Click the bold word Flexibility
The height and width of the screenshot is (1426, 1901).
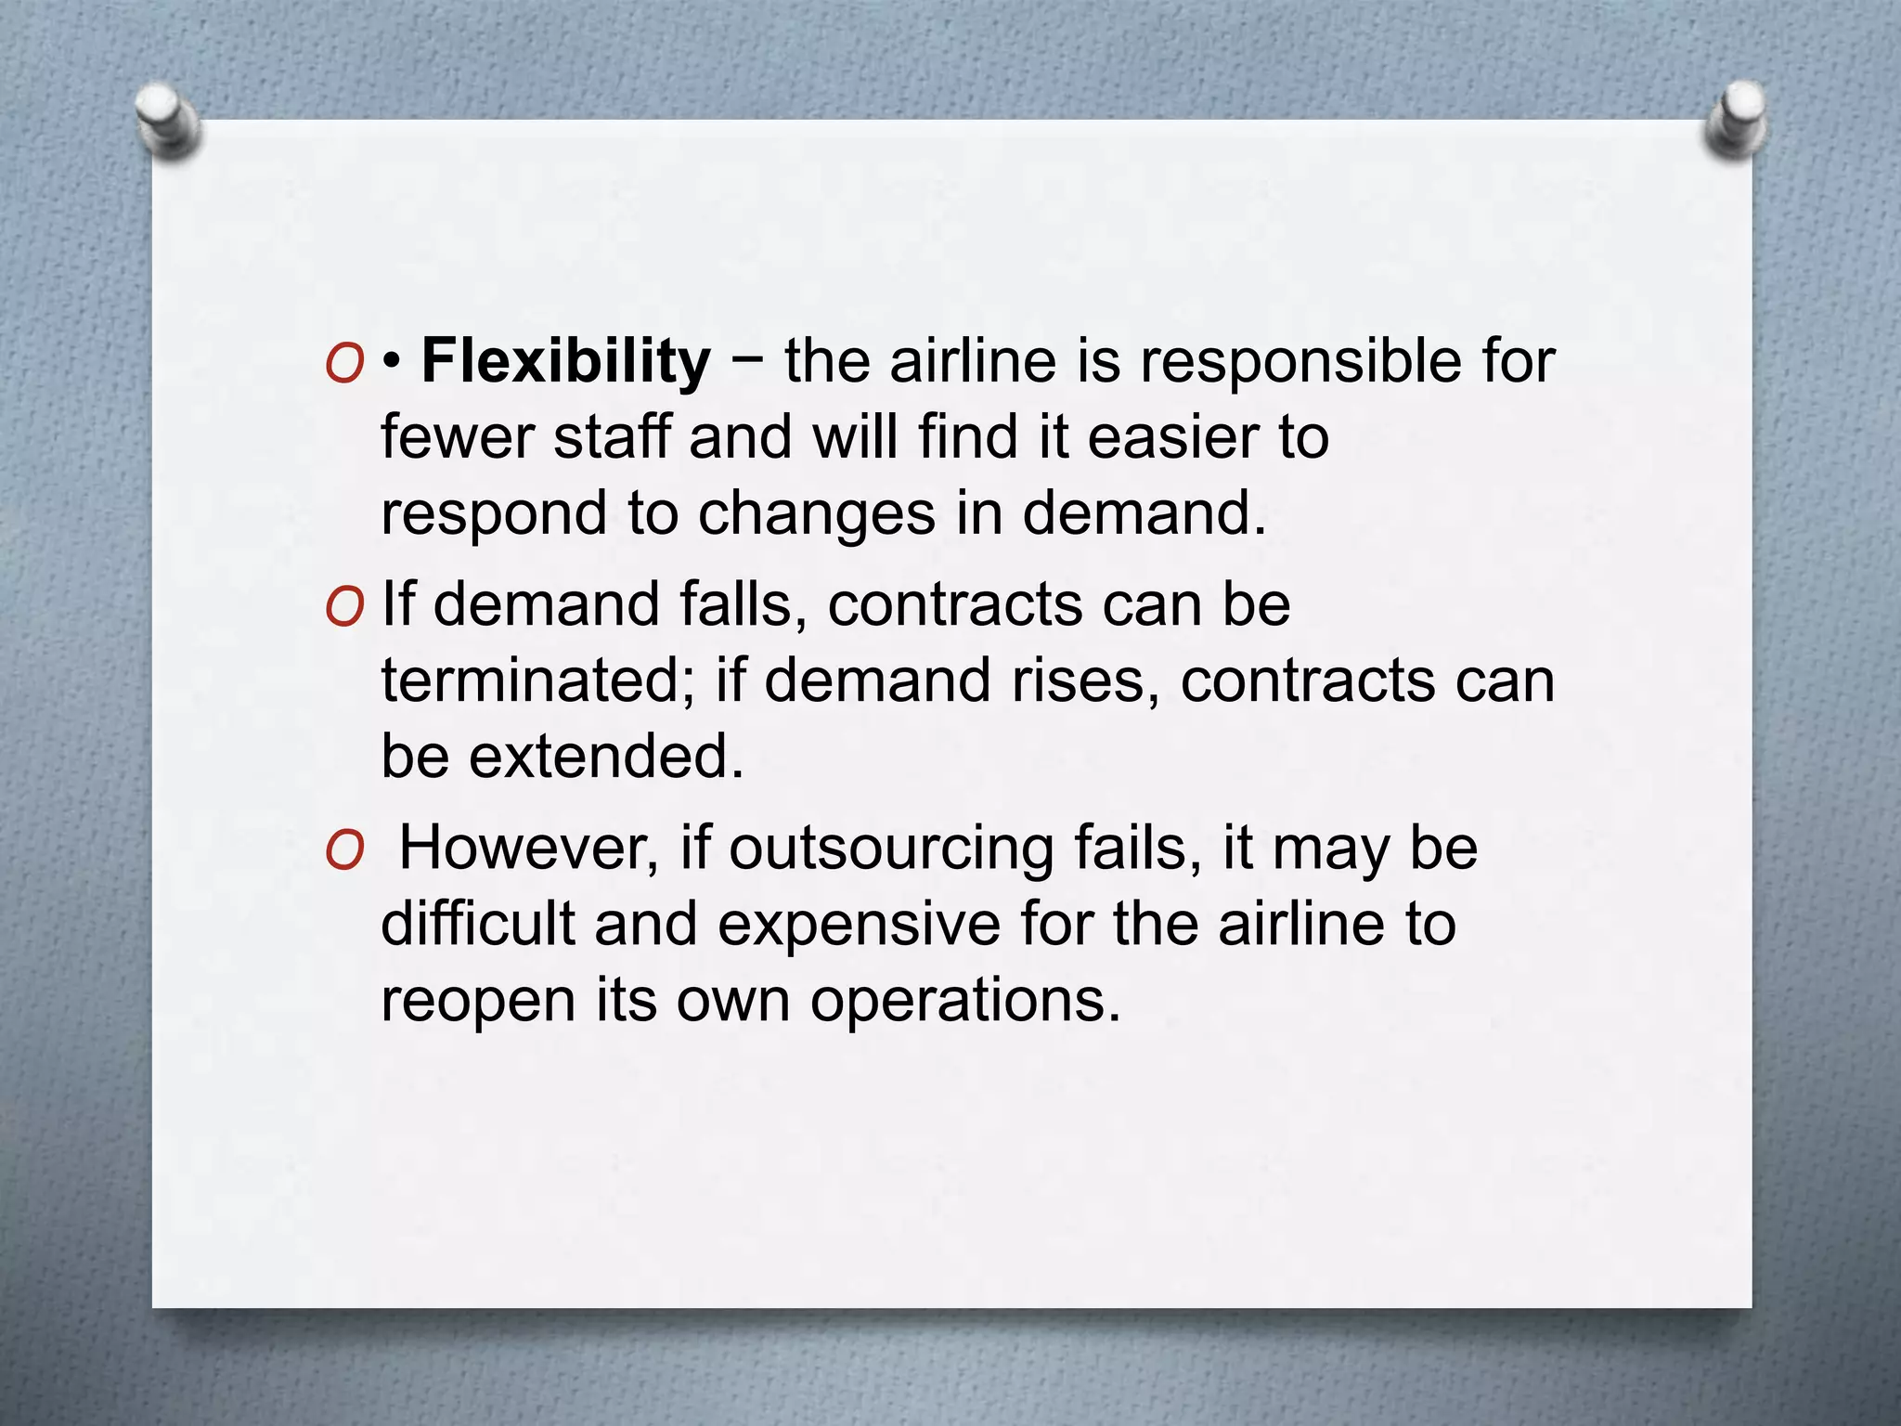(x=565, y=361)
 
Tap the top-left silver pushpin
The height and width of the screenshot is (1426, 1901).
(x=168, y=120)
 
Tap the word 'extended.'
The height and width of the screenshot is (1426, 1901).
(x=606, y=756)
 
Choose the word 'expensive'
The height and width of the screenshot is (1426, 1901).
(x=859, y=926)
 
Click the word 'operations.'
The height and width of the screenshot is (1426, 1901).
(x=965, y=1004)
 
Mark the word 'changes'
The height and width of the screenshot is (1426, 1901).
(x=817, y=515)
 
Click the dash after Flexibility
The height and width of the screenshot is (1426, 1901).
(x=747, y=361)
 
